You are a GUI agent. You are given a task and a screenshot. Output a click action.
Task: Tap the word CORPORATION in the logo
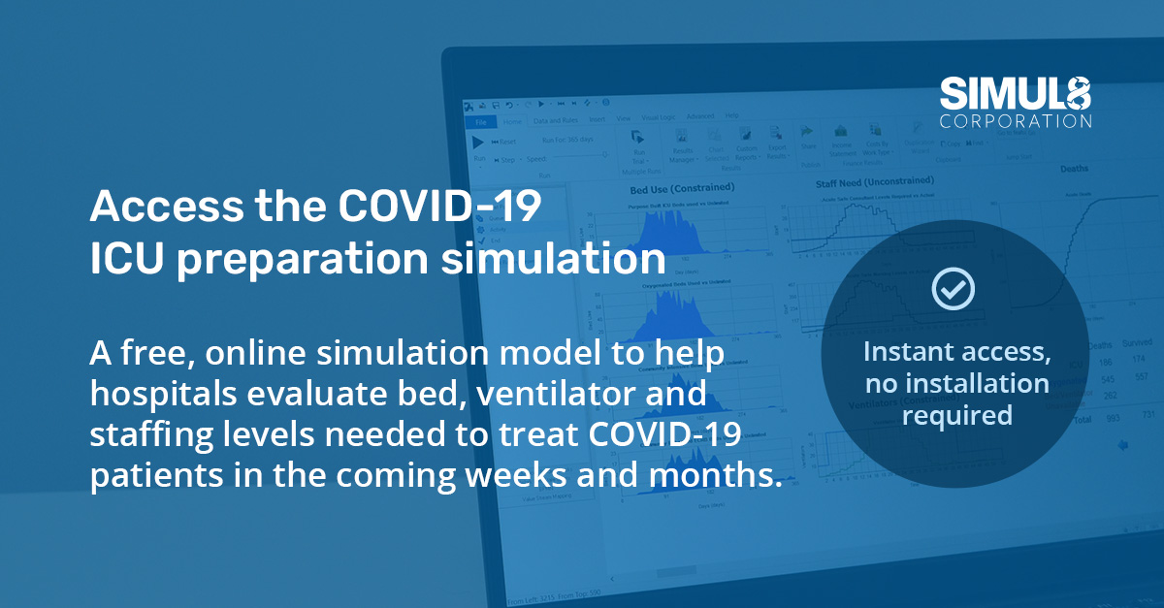(1016, 121)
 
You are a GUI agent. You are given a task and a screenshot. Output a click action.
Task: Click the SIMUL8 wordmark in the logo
(1016, 94)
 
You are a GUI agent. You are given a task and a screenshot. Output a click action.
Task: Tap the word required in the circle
(956, 415)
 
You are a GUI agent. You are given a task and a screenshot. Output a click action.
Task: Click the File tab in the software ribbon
(479, 122)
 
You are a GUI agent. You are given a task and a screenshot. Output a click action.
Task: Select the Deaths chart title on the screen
(1073, 169)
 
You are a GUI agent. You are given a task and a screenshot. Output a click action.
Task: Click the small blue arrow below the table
(1122, 445)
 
